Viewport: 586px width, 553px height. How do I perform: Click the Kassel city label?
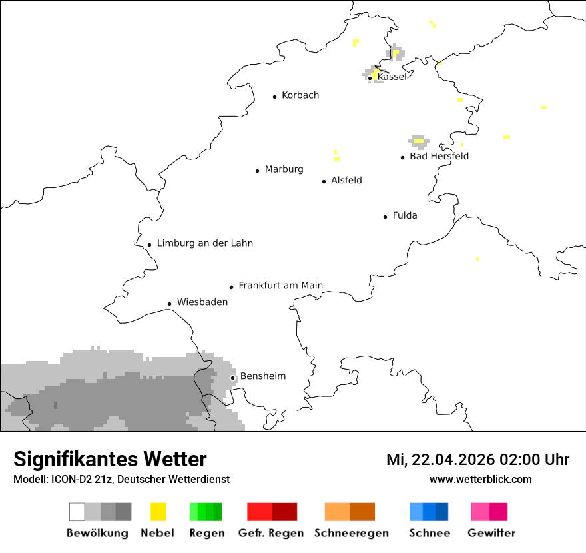(x=392, y=77)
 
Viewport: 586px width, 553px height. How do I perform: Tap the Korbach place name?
(x=300, y=95)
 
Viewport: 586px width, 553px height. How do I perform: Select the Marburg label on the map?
(x=284, y=169)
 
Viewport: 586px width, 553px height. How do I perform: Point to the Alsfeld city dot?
(x=324, y=181)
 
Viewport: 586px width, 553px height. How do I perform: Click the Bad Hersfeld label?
(x=439, y=156)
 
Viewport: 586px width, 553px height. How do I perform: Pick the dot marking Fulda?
(x=386, y=217)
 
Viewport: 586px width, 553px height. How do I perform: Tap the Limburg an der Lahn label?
(x=205, y=243)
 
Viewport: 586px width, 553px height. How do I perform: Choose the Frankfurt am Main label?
(x=280, y=286)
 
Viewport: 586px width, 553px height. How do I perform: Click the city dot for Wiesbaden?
(x=170, y=304)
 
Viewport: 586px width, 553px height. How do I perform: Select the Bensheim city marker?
(x=233, y=378)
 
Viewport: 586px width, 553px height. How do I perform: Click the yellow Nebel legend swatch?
(x=158, y=512)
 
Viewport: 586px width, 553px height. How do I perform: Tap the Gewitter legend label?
(x=491, y=533)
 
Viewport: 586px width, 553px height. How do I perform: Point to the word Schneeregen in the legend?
(x=352, y=533)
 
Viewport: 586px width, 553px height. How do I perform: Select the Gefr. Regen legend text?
(x=271, y=533)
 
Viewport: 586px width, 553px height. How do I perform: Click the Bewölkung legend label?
(x=97, y=533)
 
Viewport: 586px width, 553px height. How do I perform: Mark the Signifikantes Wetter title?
(x=110, y=459)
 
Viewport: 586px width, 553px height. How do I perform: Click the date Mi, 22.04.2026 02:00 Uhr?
(x=477, y=460)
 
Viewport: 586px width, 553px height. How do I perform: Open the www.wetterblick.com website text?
(x=480, y=479)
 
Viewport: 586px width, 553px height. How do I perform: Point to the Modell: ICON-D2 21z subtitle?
(x=121, y=479)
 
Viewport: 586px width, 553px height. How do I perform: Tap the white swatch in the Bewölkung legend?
(x=77, y=512)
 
